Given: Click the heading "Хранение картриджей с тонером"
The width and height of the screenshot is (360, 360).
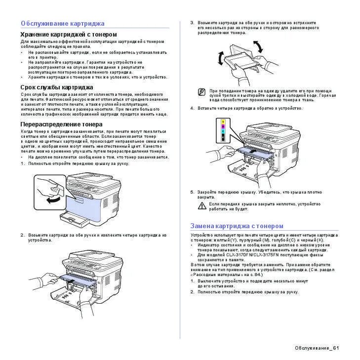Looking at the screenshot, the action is tap(69, 35).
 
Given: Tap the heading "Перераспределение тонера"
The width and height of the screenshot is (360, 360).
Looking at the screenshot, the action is tap(61, 124).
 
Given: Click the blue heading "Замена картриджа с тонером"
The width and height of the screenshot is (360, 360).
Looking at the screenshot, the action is tap(237, 226).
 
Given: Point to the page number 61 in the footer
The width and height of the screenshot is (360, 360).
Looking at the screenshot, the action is tap(336, 348).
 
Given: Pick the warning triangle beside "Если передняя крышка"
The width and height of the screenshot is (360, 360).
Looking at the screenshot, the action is tap(202, 205).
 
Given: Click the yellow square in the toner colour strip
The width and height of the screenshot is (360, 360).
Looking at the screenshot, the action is tap(223, 121).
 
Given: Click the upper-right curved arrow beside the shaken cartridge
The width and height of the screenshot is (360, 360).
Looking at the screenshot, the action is tap(258, 47).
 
